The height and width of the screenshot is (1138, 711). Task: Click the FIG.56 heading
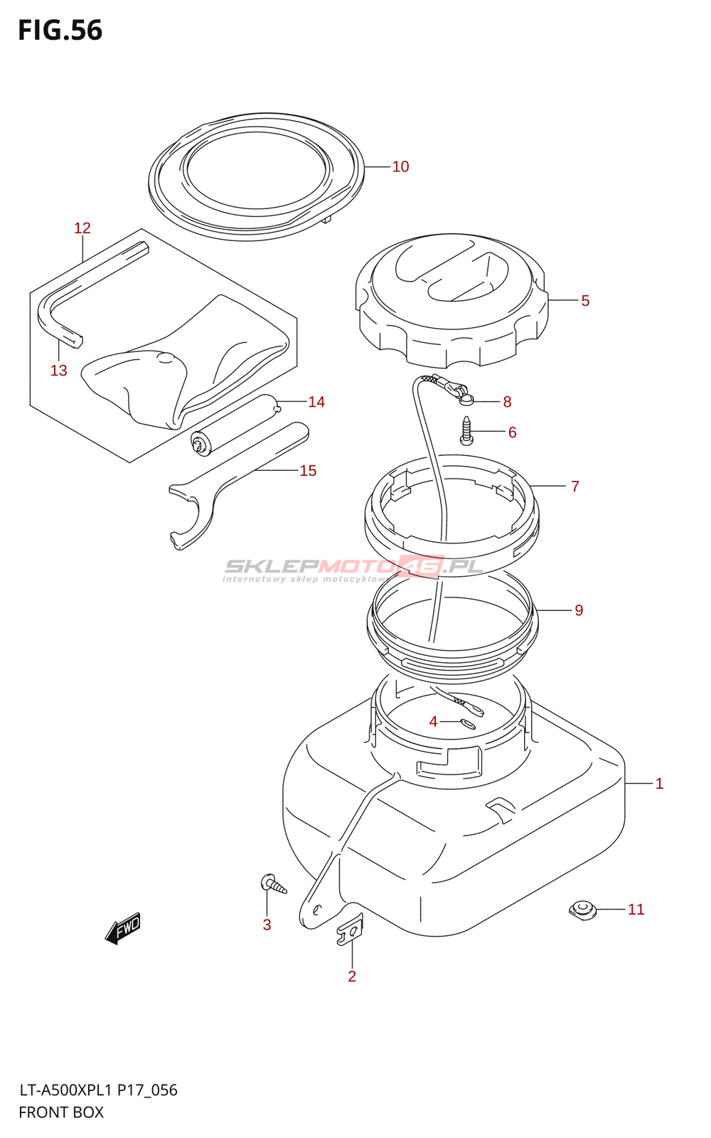coord(60,31)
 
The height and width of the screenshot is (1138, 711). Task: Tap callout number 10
coord(400,166)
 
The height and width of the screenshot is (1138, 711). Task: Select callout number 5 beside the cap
coord(585,301)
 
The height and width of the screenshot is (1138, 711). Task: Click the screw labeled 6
coord(466,430)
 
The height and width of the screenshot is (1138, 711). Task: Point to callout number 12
coord(82,228)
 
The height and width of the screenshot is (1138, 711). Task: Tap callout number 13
coord(59,371)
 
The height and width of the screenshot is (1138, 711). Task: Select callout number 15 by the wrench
coord(308,471)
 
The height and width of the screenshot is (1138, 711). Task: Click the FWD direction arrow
coord(124,927)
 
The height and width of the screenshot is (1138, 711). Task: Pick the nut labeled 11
coord(582,909)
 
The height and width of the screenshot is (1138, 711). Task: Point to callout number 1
coord(659,784)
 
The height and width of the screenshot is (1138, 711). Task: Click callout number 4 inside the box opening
coord(433,722)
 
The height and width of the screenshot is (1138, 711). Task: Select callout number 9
coord(579,610)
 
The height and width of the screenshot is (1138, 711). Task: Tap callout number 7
coord(575,486)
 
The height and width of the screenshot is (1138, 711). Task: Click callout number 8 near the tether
coord(507,402)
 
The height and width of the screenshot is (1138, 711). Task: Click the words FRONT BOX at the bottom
coord(61,1112)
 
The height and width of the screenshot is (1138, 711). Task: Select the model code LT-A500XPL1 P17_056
coord(98,1090)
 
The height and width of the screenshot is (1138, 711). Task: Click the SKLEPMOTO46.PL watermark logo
coord(353,568)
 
